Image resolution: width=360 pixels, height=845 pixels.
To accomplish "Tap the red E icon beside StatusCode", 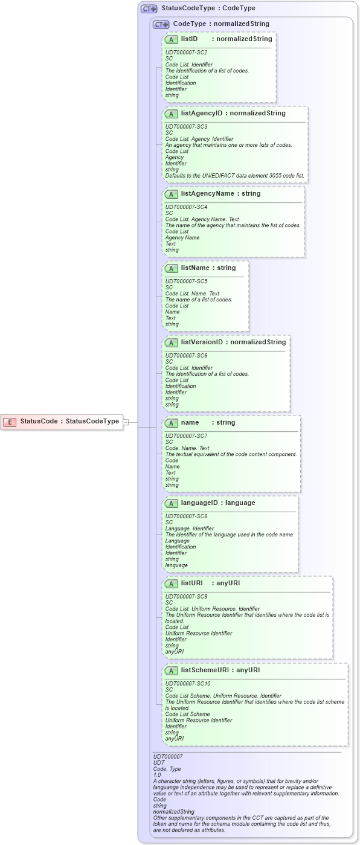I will click(9, 422).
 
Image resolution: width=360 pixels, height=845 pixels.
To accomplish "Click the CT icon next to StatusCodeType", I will click(149, 8).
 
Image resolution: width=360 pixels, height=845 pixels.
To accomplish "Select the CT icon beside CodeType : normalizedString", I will click(161, 24).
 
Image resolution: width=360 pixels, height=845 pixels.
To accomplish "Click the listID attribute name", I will click(189, 39).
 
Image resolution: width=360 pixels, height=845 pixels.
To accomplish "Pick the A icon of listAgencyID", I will click(171, 114).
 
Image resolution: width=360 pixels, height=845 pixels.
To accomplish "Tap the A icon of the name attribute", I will click(171, 423).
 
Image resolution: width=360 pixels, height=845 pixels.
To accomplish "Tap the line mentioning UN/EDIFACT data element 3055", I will click(235, 176).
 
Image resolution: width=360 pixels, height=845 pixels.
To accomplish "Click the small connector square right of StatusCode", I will click(126, 422).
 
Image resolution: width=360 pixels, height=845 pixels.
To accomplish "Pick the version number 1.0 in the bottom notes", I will click(157, 775).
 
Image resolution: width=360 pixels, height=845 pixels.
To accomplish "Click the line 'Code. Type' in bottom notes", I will click(167, 769).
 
